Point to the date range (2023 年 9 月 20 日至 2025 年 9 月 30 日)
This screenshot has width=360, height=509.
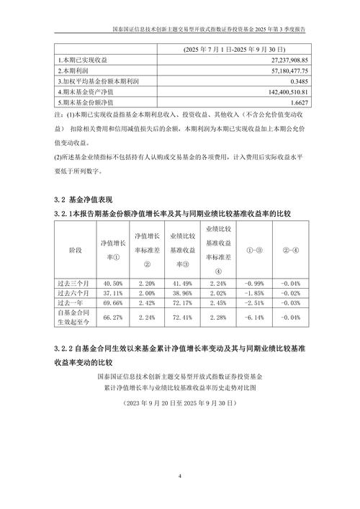(180, 405)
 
